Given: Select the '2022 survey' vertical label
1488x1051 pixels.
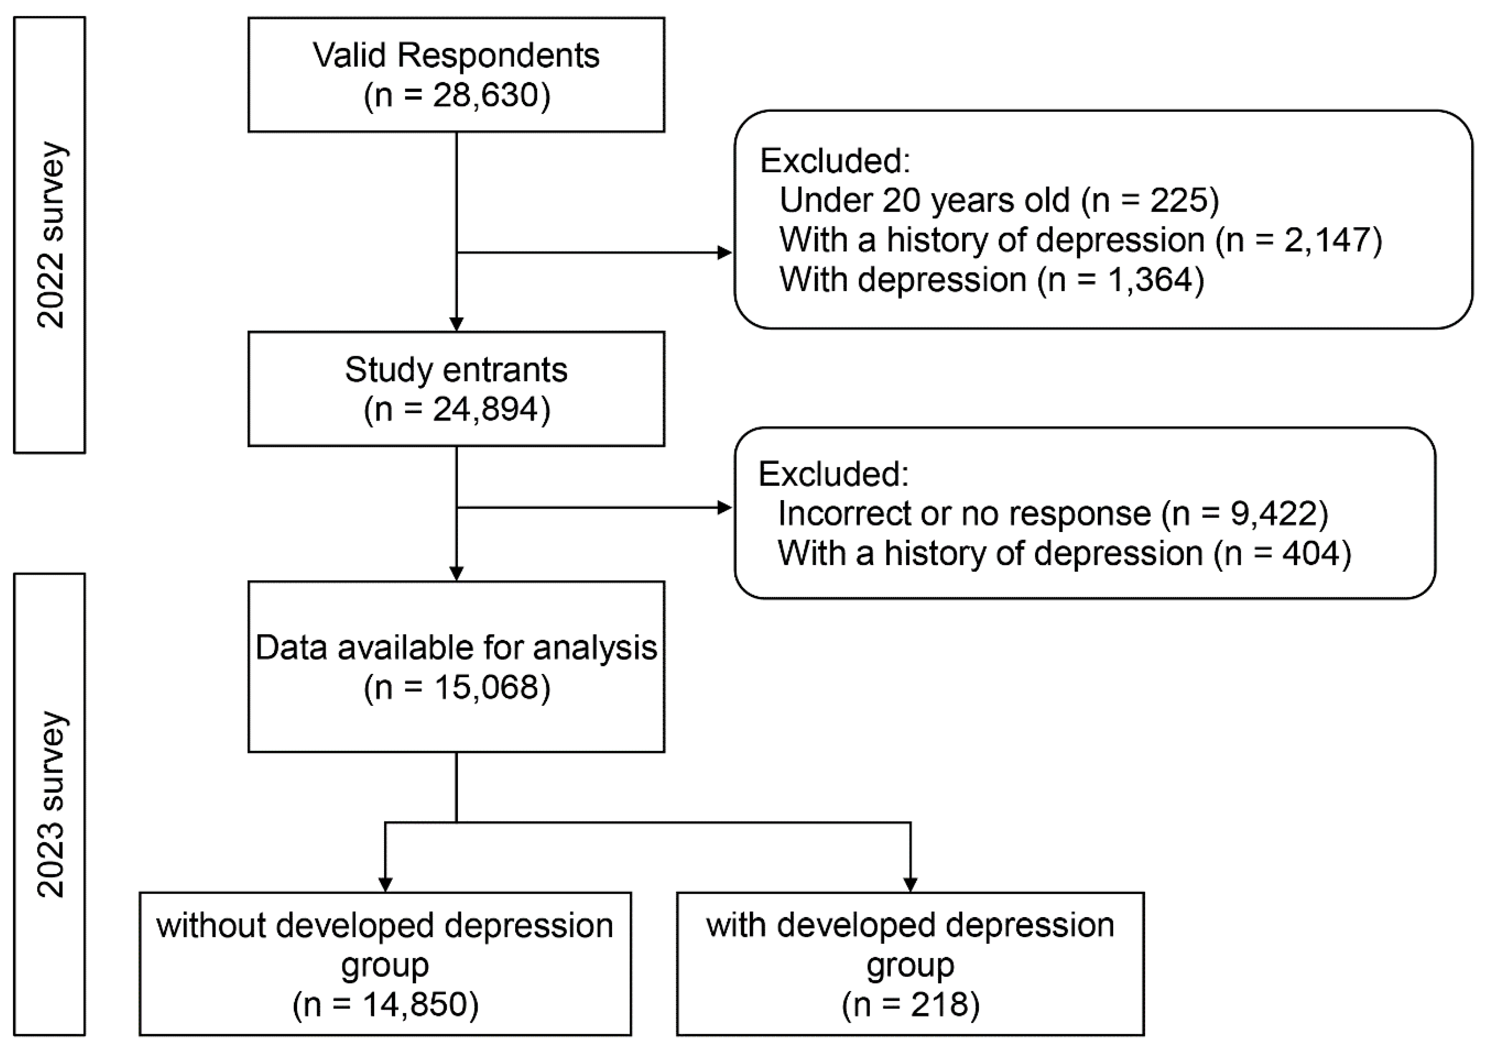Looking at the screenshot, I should coord(50,235).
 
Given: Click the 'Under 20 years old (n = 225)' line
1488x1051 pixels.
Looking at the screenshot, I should coord(999,200).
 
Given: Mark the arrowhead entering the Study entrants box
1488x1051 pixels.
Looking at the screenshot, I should coord(456,324).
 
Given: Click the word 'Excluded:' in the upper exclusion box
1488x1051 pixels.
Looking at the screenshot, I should coord(835,161).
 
